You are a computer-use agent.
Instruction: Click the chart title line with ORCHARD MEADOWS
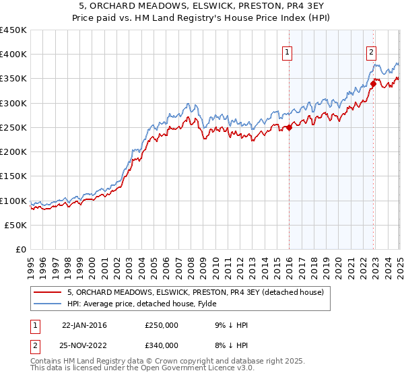coord(202,5)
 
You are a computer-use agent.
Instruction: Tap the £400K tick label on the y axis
coord(13,55)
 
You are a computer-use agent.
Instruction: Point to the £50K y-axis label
coord(16,226)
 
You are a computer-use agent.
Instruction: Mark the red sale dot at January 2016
coord(289,127)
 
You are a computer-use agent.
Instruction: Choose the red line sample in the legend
coord(47,292)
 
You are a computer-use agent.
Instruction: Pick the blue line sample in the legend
coord(47,304)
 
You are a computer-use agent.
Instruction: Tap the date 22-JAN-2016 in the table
coord(84,325)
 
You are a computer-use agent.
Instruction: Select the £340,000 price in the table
coord(162,345)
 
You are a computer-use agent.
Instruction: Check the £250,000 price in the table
coord(162,325)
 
